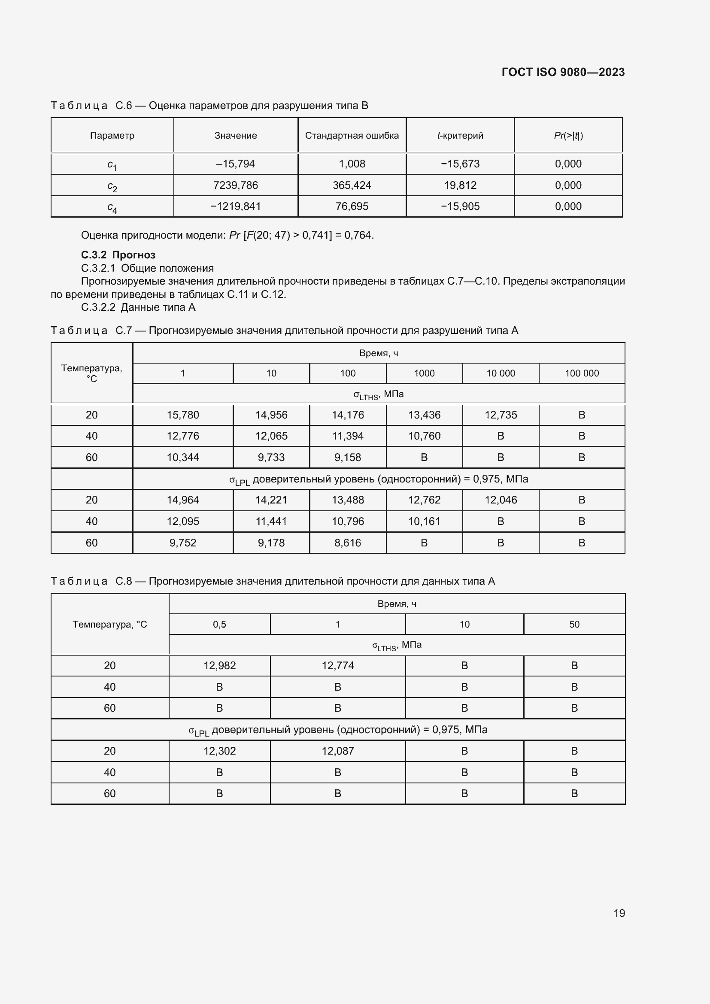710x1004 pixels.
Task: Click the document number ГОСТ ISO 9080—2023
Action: pos(563,72)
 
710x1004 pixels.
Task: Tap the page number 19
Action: pos(619,913)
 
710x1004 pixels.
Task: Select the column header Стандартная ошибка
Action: pos(352,136)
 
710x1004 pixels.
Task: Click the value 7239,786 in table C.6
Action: pos(235,185)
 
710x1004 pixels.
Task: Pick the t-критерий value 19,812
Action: pos(460,185)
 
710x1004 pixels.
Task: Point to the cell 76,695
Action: pos(352,206)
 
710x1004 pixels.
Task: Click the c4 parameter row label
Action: pos(112,207)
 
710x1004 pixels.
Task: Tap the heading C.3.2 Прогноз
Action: pos(118,255)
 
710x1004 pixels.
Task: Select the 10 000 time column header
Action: pos(501,373)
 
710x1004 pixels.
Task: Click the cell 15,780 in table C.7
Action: pos(183,415)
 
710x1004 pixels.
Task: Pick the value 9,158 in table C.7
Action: pos(348,458)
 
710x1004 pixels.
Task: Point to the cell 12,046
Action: pos(501,500)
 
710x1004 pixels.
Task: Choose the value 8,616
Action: pos(348,543)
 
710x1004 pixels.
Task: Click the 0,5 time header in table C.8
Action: pos(219,625)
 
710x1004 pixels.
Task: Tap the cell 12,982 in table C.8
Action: pos(219,666)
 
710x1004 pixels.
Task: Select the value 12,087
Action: pos(337,751)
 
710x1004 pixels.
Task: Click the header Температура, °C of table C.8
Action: pos(110,625)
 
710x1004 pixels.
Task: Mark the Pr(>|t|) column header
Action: pos(568,136)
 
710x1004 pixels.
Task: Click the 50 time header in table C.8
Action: pos(574,625)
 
